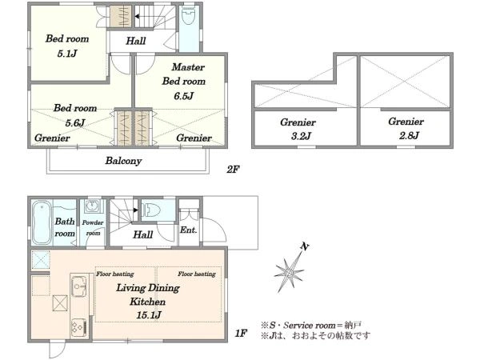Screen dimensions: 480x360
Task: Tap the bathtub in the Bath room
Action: [x=42, y=222]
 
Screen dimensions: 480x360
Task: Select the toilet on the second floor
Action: [x=188, y=16]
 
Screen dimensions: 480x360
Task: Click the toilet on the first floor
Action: [x=152, y=210]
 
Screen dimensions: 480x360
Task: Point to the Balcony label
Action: [x=123, y=161]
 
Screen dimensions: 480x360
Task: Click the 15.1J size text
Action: [x=149, y=314]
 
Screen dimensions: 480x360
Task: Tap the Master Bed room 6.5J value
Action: [x=184, y=96]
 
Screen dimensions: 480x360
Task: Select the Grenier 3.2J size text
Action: [x=302, y=136]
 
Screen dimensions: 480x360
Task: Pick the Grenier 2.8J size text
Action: [x=409, y=135]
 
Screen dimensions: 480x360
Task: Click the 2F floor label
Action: [x=233, y=169]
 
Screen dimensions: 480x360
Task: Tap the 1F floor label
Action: [x=241, y=333]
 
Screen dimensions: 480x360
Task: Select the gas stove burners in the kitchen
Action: [x=78, y=328]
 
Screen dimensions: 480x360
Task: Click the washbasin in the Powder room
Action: [x=93, y=206]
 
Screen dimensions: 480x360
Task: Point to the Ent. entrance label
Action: [x=188, y=230]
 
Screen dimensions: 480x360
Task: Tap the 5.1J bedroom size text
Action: [x=67, y=54]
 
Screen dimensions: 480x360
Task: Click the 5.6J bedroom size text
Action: [x=75, y=122]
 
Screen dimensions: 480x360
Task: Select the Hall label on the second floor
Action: [x=136, y=41]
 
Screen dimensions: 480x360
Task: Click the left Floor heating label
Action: [x=115, y=274]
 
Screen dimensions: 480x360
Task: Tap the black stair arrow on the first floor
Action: [x=136, y=210]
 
